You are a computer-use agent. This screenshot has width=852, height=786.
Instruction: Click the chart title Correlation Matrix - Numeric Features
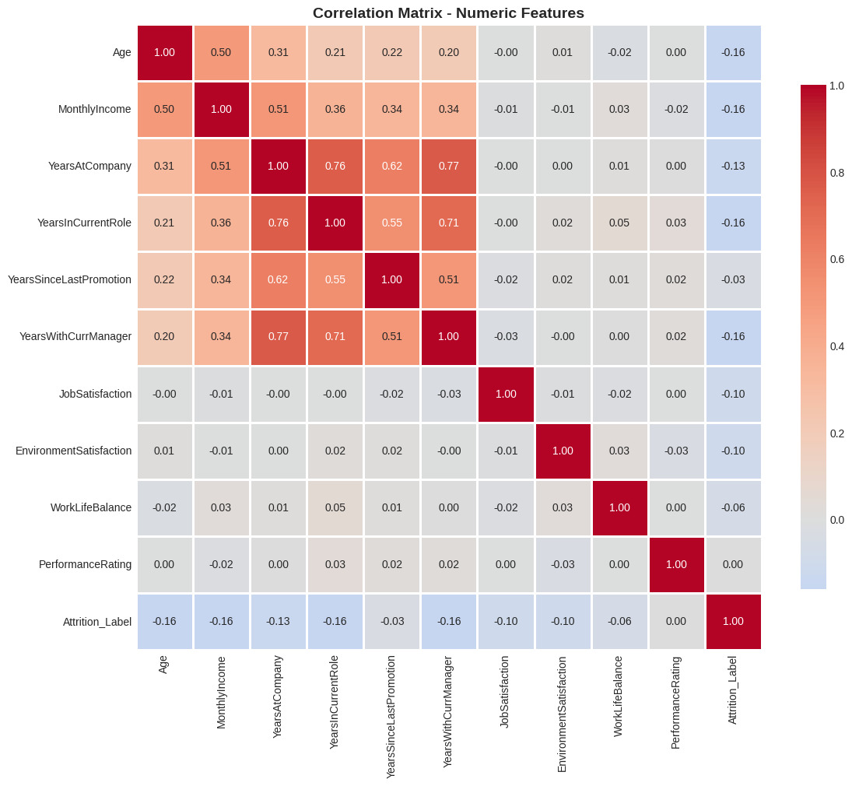[x=448, y=13]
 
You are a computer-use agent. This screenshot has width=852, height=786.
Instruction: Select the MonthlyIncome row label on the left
[x=94, y=109]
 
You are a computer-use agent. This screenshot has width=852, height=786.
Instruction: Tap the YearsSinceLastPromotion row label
[x=69, y=279]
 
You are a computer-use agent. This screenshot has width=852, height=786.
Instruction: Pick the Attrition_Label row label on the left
[x=97, y=621]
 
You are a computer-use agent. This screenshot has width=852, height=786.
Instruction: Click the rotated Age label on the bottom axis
[x=163, y=664]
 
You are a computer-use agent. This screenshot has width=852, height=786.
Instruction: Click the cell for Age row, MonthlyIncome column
[x=221, y=52]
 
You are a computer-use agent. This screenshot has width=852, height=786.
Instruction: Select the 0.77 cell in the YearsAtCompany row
[x=449, y=166]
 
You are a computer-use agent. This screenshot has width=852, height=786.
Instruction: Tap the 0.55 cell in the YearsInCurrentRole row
[x=392, y=223]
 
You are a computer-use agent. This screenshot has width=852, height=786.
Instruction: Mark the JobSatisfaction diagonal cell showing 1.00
[x=506, y=394]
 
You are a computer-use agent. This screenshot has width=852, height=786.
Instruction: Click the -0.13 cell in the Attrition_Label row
[x=278, y=621]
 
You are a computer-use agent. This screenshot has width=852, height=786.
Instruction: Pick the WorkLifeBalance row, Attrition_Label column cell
[x=733, y=507]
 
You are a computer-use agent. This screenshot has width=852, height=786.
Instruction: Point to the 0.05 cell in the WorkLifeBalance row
[x=335, y=507]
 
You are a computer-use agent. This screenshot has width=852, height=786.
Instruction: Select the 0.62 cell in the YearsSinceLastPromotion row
[x=278, y=279]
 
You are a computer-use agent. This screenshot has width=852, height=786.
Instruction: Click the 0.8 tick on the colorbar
[x=836, y=173]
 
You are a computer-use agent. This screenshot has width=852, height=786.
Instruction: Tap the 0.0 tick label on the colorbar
[x=836, y=520]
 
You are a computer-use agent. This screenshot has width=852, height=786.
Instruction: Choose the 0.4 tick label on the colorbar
[x=836, y=346]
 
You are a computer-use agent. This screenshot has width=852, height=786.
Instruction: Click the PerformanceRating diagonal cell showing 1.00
[x=676, y=564]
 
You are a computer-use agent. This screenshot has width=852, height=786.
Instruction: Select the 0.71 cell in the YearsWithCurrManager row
[x=335, y=336]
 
